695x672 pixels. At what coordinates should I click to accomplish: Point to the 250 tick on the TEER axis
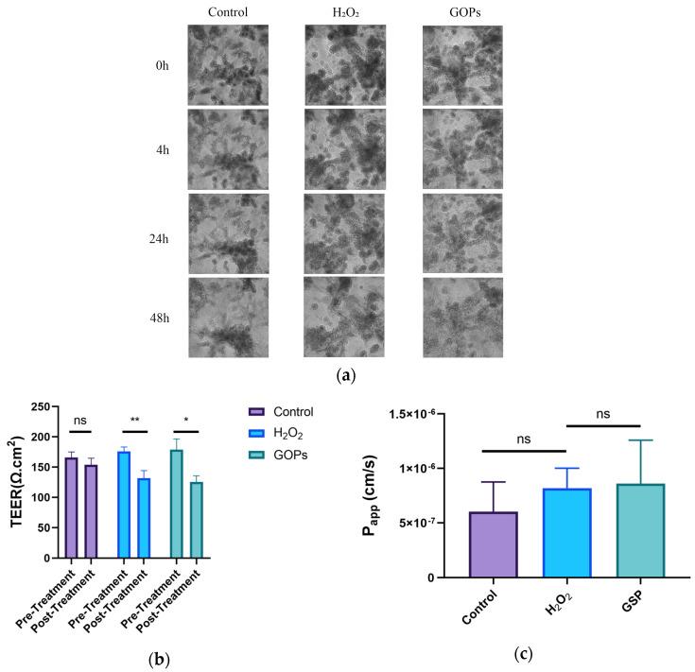(x=38, y=407)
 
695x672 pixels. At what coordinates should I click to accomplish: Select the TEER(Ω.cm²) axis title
(x=14, y=482)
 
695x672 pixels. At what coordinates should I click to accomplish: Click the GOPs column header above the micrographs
(x=461, y=12)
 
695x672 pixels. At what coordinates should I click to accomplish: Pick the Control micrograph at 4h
(x=227, y=149)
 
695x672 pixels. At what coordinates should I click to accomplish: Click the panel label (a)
(x=346, y=374)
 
